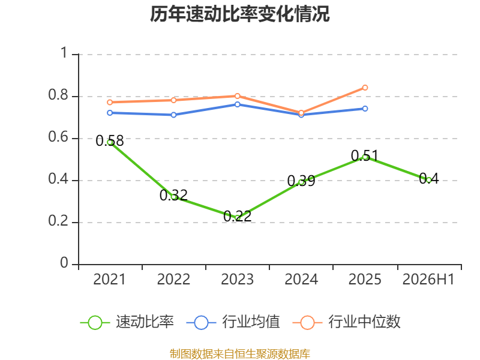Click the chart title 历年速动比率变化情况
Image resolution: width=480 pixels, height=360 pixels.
coord(239,14)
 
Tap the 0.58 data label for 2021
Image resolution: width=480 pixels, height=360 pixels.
coord(110,141)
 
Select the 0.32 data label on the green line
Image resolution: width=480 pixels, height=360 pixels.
coord(173,196)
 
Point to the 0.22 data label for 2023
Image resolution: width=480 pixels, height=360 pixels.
coord(237,216)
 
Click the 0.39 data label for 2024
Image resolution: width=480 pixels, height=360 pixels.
coord(301,181)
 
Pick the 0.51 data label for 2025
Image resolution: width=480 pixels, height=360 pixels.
coord(365,155)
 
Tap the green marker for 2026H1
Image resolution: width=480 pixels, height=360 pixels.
coord(428,181)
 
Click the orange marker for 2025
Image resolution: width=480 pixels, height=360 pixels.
coord(365,88)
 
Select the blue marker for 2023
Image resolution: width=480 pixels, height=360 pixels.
coord(237,104)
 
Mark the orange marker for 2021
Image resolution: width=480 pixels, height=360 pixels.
coord(110,102)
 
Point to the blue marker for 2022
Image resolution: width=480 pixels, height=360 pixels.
coord(173,115)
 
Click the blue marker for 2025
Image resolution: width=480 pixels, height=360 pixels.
coord(365,109)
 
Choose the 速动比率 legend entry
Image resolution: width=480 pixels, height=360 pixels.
coord(127,322)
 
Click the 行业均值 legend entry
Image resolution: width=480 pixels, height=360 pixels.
coord(233,322)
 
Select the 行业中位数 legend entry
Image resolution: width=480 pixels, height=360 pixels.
coord(347,322)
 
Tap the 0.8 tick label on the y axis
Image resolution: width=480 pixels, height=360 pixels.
coord(58,95)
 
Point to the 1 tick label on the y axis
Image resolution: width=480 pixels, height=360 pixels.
coord(64,53)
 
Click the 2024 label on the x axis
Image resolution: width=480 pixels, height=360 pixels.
coord(301,280)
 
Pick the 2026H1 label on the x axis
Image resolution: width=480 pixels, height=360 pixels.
coord(428,280)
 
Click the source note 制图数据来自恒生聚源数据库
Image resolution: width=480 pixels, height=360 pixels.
coord(240,354)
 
